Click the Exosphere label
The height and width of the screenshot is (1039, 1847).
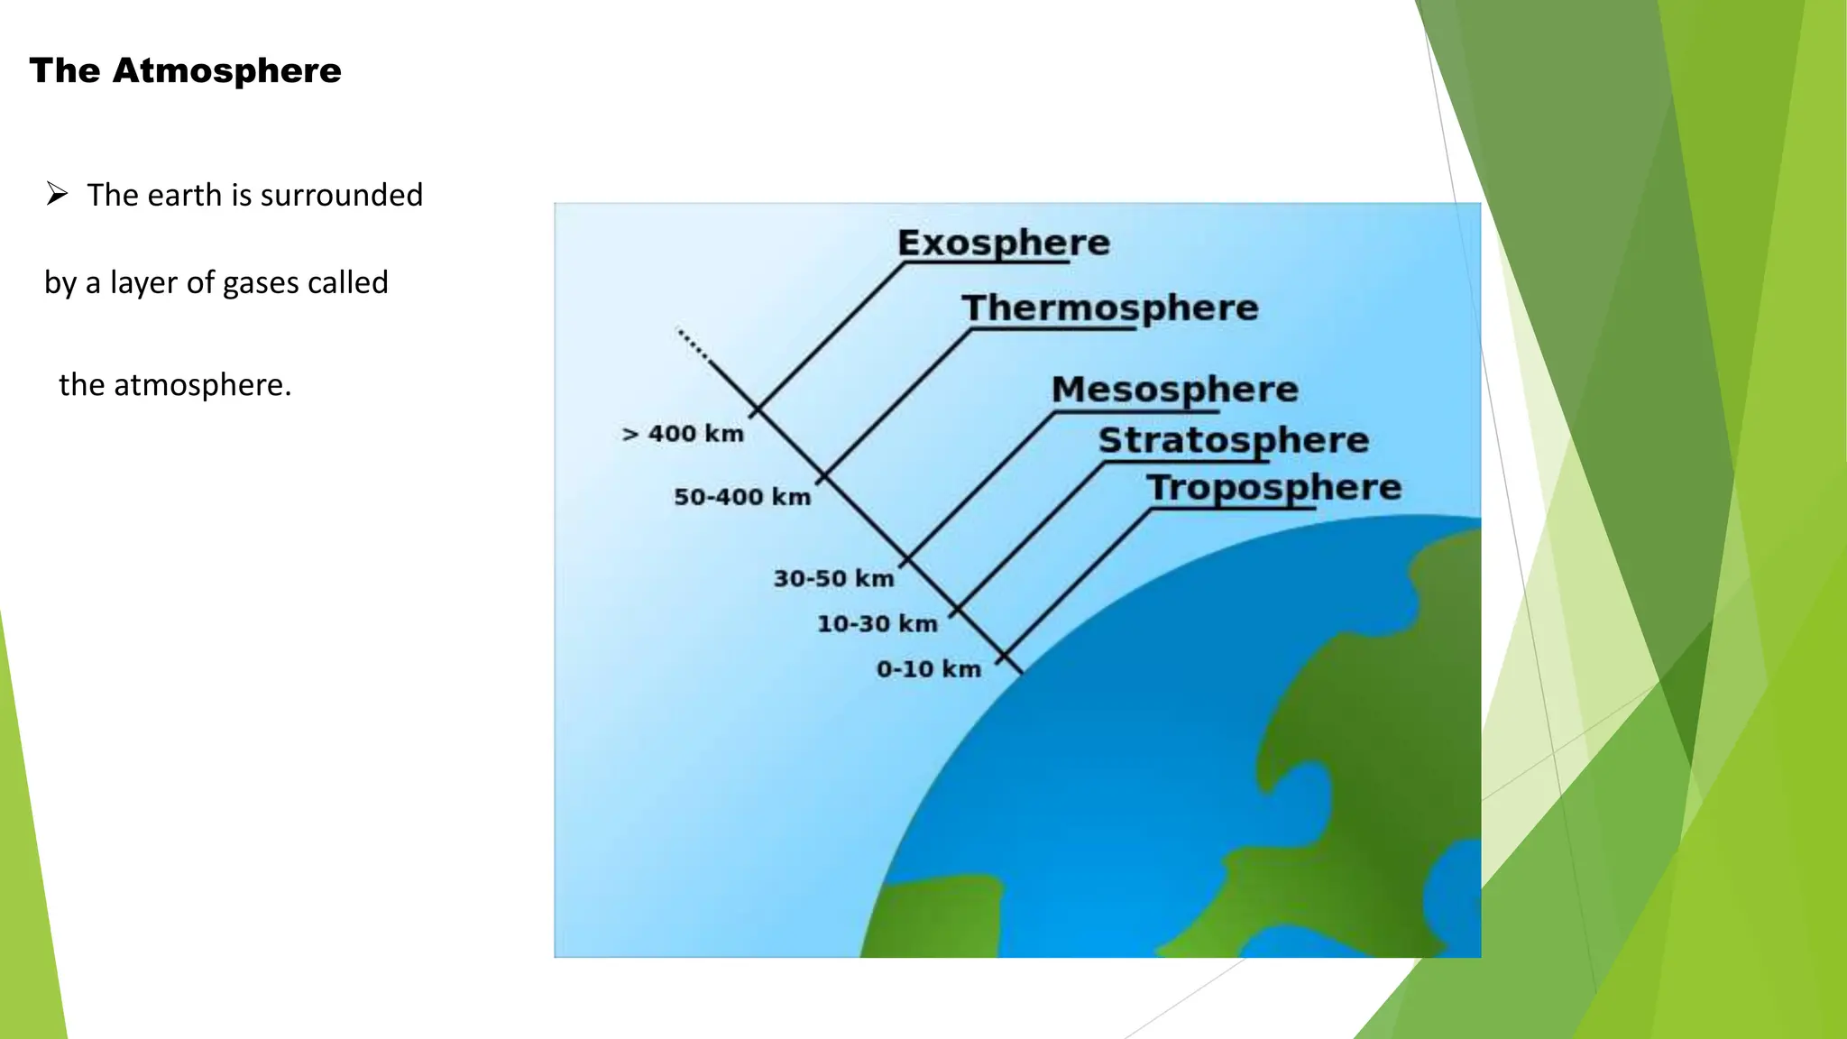[1003, 243]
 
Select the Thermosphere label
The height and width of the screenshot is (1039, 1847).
[1109, 308]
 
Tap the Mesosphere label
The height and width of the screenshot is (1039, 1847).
[1174, 390]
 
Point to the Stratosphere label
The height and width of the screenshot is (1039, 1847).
[1233, 440]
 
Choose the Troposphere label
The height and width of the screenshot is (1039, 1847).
[1273, 487]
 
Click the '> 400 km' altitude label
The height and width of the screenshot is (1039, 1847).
[683, 434]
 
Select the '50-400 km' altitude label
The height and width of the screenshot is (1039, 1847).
[742, 497]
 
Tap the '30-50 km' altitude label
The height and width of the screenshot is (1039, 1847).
[833, 578]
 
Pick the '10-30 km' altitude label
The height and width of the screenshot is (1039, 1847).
[877, 623]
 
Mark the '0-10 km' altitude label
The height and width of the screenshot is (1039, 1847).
[928, 669]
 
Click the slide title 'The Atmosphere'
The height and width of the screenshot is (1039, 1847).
[185, 70]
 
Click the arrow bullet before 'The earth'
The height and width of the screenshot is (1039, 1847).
[57, 193]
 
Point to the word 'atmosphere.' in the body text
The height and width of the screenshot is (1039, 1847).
[202, 385]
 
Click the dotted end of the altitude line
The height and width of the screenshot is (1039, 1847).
[693, 345]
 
